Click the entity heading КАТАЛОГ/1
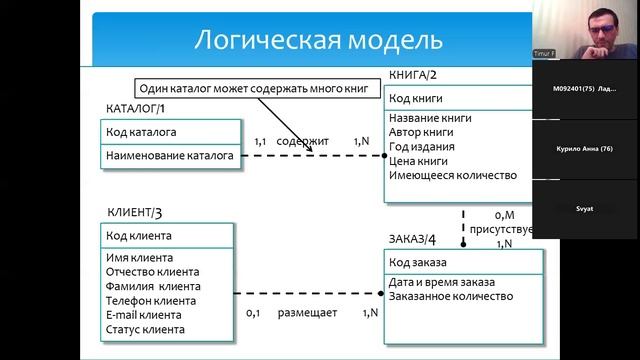click(x=136, y=108)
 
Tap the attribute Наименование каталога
click(x=169, y=155)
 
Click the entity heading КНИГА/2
click(x=412, y=75)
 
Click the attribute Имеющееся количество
click(x=453, y=175)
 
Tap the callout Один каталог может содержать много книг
click(x=254, y=89)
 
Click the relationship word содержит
click(x=303, y=142)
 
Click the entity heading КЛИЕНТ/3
click(x=134, y=212)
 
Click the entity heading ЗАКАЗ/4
click(x=411, y=238)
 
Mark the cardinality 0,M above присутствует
click(x=504, y=214)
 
